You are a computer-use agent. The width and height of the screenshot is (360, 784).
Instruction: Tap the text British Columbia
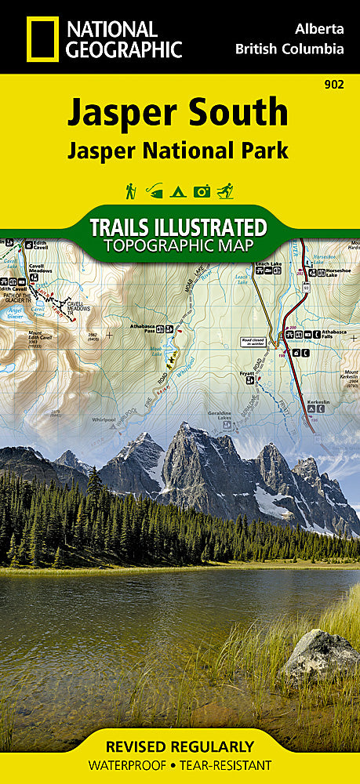[x=289, y=49]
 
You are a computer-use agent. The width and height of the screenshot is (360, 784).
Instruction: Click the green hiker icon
[x=131, y=191]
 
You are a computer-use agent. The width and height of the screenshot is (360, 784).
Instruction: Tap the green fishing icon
[x=155, y=191]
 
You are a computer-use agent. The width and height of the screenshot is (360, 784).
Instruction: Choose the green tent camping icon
[x=179, y=191]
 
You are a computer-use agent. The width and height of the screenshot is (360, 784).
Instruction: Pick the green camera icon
[x=202, y=191]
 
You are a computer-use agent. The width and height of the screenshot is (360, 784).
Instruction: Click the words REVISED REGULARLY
[x=180, y=746]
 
